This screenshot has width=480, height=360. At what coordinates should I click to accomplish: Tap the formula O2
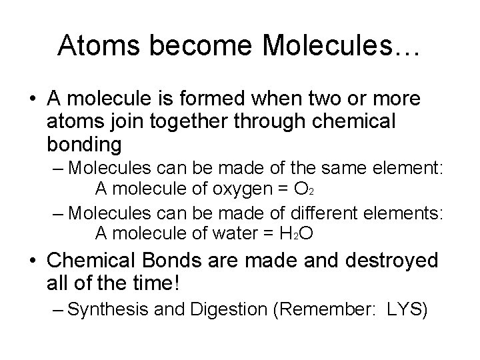tap(304, 190)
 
